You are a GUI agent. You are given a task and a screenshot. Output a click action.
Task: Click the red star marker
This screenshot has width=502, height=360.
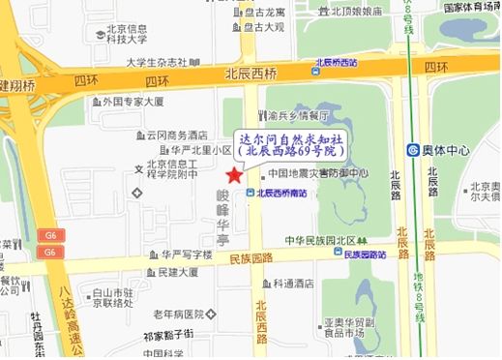232,174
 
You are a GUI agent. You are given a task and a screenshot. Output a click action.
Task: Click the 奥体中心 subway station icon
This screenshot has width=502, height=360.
413,150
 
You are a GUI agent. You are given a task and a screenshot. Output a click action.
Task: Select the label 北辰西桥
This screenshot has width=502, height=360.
250,73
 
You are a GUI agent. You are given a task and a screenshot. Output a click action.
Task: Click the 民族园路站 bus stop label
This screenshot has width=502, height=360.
365,255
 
